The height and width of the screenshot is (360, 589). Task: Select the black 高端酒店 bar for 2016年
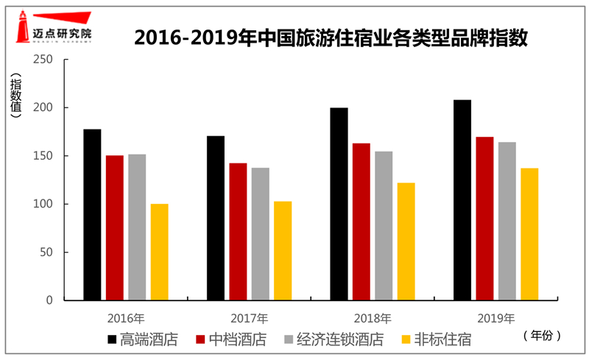[x=92, y=215]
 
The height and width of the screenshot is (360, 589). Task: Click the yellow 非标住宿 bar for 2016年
[x=159, y=252]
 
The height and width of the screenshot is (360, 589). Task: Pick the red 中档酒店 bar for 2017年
[x=238, y=232]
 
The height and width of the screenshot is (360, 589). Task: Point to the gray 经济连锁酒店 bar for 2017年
[x=260, y=234]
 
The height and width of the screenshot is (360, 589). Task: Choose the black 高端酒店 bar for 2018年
[x=339, y=204]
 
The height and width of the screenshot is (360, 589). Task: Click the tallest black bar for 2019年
[x=462, y=200]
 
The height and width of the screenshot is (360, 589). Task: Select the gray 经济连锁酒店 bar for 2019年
[x=507, y=221]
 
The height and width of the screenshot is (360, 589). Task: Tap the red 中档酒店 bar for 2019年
[x=484, y=219]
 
